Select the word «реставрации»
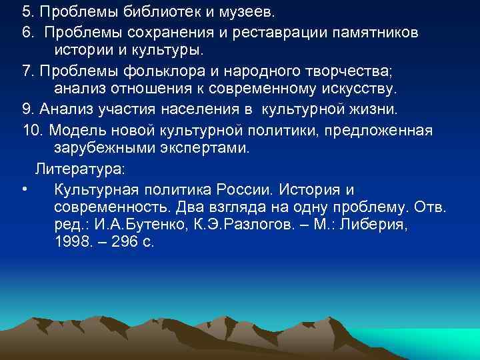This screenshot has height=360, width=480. pyautogui.click(x=278, y=33)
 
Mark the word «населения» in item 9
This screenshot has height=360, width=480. pyautogui.click(x=207, y=108)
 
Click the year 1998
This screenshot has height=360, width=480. pyautogui.click(x=72, y=243)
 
